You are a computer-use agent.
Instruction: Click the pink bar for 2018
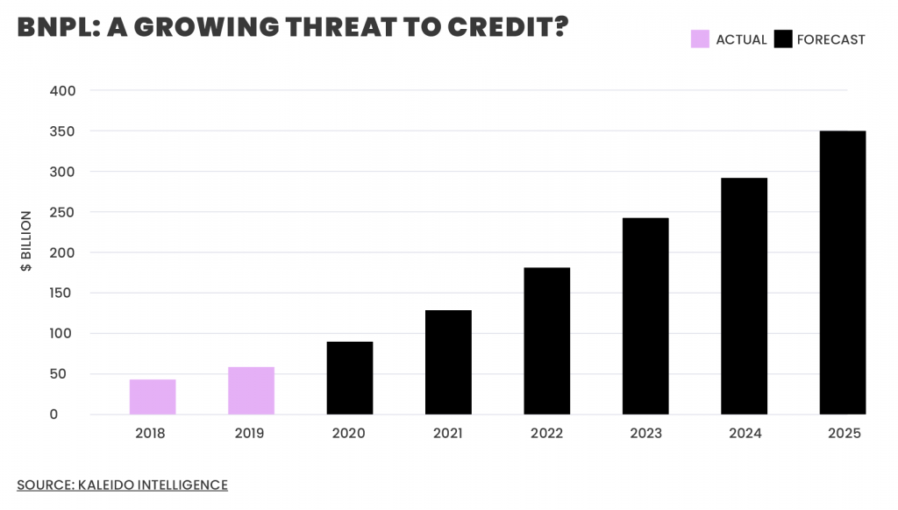153,397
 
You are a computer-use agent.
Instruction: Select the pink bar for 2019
251,391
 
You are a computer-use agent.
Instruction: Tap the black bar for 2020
350,378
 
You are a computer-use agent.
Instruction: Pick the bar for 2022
547,341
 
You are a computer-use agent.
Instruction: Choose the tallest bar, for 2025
843,273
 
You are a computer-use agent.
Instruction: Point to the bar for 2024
744,296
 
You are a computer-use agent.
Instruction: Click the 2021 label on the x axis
448,434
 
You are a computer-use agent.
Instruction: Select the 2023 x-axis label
645,434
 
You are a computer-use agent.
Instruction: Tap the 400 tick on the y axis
63,91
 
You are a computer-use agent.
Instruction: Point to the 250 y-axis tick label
63,213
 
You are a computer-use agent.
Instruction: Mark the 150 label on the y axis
63,294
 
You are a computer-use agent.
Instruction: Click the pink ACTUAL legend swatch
700,39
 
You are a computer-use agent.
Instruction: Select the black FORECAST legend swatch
783,39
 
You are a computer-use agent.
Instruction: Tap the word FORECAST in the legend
830,39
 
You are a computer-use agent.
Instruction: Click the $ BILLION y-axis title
26,241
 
